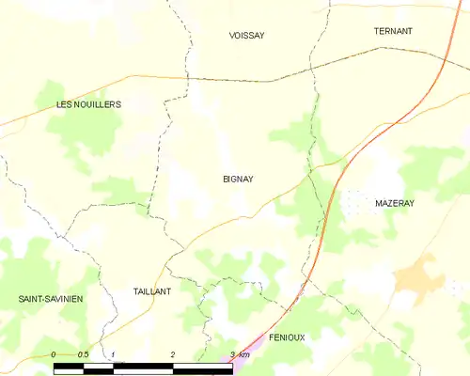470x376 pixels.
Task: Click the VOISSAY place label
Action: (x=247, y=36)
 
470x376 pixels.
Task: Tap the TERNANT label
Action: (x=393, y=31)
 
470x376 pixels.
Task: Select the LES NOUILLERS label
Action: (x=88, y=104)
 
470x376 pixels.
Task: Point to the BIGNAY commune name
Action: (x=238, y=179)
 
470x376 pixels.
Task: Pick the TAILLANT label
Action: (x=151, y=291)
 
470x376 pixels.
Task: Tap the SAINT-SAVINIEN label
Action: (x=51, y=299)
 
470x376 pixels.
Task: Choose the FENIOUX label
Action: (x=287, y=337)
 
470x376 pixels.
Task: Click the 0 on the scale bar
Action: (x=54, y=353)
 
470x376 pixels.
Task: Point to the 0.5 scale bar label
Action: (x=83, y=353)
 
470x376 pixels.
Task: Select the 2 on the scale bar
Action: (x=173, y=353)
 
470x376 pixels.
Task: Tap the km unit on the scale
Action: (x=244, y=353)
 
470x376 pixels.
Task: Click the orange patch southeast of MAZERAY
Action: (x=418, y=278)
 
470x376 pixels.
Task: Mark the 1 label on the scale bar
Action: (x=113, y=353)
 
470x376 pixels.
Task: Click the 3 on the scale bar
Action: (x=232, y=353)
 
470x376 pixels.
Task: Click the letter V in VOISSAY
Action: (x=232, y=36)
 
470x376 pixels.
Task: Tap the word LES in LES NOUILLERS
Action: (x=65, y=104)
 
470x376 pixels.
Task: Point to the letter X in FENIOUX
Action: (x=303, y=337)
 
